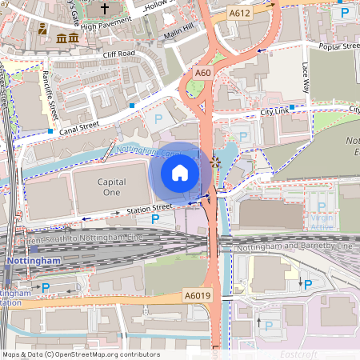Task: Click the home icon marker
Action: [180, 173]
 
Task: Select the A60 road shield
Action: [203, 73]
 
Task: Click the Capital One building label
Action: [112, 187]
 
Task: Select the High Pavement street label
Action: [99, 26]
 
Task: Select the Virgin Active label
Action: [322, 222]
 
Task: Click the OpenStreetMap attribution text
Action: [80, 354]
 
